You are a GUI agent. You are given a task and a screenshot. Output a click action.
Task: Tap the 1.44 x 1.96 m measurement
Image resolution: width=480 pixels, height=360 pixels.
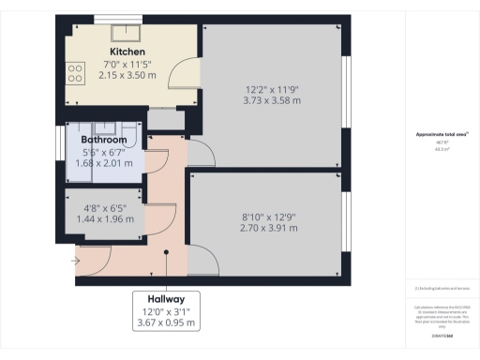coord(104,219)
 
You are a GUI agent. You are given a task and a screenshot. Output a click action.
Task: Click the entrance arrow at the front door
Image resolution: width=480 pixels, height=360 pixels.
coord(75,262)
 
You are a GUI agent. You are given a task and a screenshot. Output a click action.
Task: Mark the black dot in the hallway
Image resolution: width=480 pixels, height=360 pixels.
coord(165,251)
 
